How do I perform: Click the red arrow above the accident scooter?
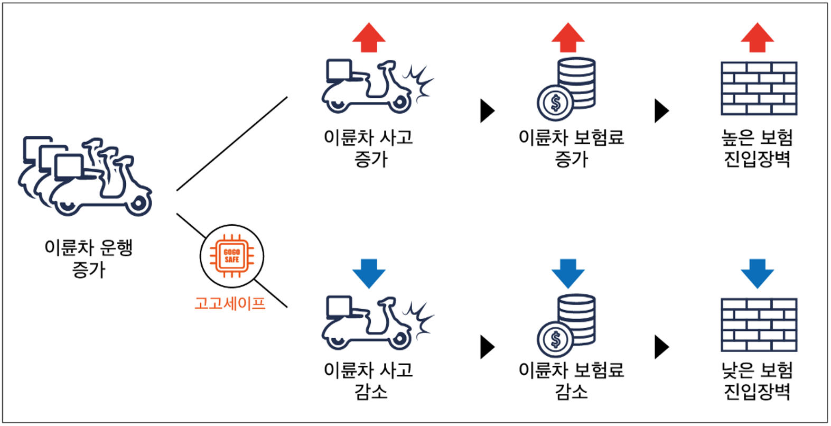point(369,38)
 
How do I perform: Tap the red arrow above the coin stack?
point(568,38)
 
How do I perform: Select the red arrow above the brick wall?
point(757,38)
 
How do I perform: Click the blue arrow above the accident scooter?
point(369,273)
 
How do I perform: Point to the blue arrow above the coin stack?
point(568,273)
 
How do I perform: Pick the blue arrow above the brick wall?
point(757,273)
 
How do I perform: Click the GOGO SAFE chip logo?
point(232,256)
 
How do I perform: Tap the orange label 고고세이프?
point(230,303)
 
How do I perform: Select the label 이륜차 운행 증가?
point(89,258)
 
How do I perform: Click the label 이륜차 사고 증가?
point(369,148)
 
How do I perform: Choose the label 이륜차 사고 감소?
point(369,381)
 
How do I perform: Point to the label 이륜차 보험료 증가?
point(571,148)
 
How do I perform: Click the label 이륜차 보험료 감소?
point(571,381)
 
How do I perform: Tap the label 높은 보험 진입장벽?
point(757,148)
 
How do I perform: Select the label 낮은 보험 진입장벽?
point(757,381)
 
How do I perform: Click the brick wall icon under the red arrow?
point(759,88)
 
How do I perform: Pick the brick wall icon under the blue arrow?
point(759,325)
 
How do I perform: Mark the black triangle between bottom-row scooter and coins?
point(487,347)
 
